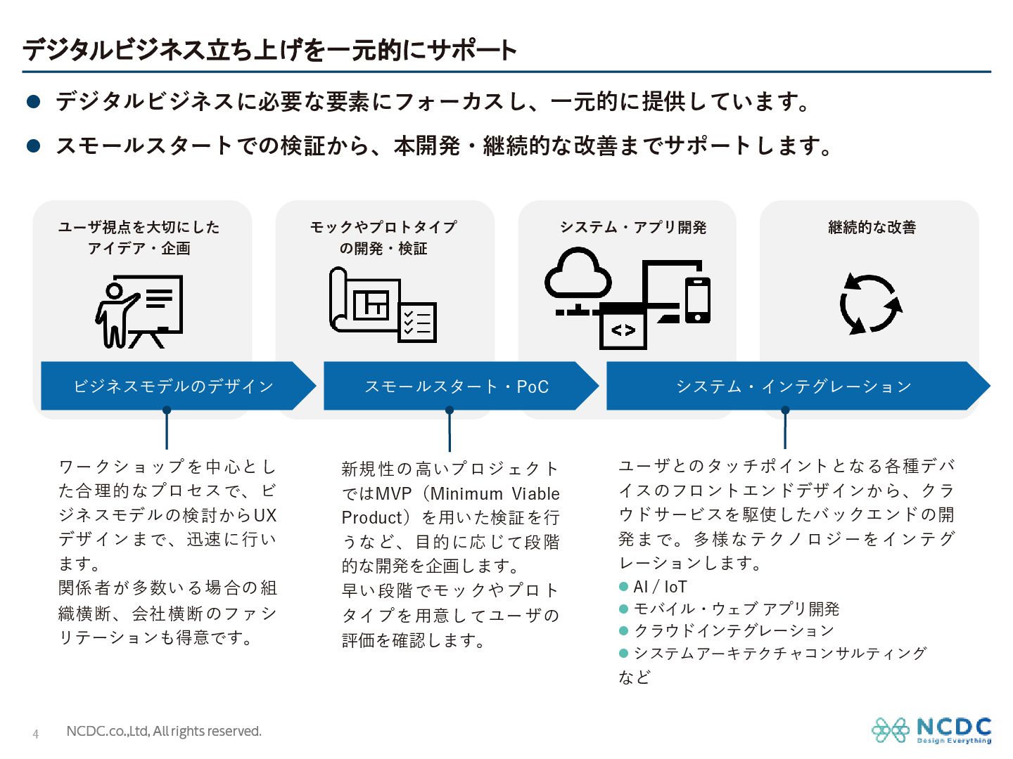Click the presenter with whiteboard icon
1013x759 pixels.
point(139,312)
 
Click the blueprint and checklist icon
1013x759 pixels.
point(383,306)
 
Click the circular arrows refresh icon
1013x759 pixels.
point(871,304)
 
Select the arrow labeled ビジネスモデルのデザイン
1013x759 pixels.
point(174,386)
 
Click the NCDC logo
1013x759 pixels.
point(931,730)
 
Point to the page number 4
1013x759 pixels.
point(36,734)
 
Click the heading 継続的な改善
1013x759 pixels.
point(872,227)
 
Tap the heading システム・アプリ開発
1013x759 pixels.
point(632,227)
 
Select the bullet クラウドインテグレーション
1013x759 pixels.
point(734,630)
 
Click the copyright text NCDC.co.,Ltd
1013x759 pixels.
point(163,732)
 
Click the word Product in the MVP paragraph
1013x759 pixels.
point(371,518)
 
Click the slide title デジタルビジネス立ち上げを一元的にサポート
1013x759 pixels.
point(270,50)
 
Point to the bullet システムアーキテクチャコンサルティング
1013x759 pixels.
point(780,653)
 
